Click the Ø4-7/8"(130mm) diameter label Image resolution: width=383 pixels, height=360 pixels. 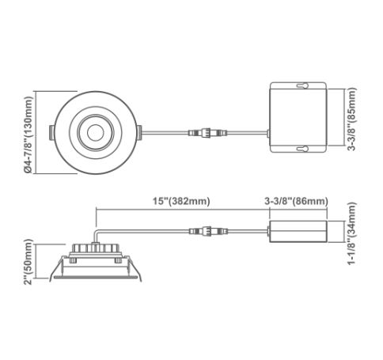click(x=28, y=135)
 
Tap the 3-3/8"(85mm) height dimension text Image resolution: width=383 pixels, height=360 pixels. click(x=351, y=119)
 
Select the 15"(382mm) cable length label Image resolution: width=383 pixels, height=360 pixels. click(x=181, y=201)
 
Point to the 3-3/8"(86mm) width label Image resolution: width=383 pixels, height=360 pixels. click(x=296, y=201)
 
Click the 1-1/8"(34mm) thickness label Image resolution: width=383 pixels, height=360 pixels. click(x=351, y=233)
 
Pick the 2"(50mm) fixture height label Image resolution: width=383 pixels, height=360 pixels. click(x=28, y=262)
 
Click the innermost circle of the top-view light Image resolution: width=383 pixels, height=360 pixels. click(x=96, y=133)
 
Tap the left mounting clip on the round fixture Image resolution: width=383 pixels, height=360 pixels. click(x=52, y=132)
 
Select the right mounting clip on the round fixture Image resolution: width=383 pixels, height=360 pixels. click(x=139, y=132)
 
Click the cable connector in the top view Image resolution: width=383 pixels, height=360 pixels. click(x=208, y=132)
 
